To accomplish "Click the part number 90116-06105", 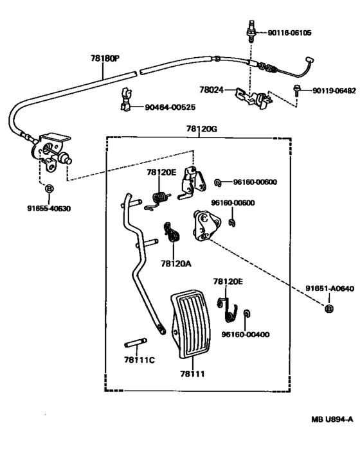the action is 289,33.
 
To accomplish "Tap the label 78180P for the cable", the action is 105,58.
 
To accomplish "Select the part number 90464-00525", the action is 170,107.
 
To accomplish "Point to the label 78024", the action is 211,90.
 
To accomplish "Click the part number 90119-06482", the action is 334,91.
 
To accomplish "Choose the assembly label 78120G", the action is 201,129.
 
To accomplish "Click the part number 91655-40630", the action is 49,209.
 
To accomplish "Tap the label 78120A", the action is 176,264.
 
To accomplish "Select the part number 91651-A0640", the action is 329,288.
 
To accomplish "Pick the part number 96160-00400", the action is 246,335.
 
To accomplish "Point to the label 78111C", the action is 139,360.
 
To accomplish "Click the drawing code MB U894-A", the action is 332,419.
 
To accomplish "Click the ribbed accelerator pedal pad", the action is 191,324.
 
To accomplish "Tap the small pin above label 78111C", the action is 136,343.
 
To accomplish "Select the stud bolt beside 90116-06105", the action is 251,31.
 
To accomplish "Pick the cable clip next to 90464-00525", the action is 126,100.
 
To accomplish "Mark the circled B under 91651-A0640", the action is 329,309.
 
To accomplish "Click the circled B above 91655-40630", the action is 49,189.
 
